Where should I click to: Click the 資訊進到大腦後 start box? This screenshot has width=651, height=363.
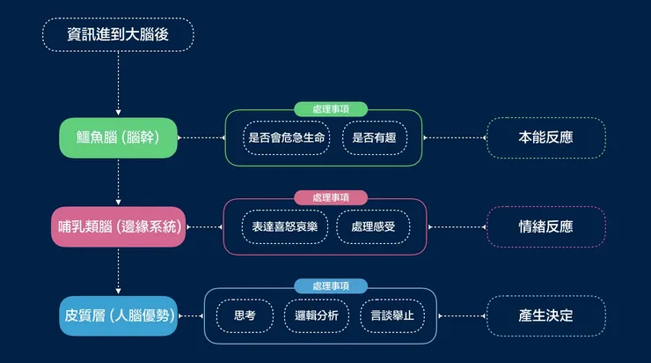pos(117,35)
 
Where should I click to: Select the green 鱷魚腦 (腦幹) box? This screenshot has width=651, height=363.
pos(118,137)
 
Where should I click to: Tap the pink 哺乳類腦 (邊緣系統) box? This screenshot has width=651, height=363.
pos(118,226)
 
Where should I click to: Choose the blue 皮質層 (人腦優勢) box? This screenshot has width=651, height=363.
pos(118,315)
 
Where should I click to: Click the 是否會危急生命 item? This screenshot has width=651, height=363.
pos(287,137)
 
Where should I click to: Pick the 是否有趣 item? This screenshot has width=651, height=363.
pos(375,137)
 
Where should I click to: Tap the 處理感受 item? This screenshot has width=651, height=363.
pos(373,226)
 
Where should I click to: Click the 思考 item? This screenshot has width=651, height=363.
pos(245,315)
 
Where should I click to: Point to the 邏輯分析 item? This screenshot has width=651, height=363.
pos(317,315)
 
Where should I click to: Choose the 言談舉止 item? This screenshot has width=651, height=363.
pos(392,315)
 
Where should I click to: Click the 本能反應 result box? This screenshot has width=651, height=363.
pos(545,137)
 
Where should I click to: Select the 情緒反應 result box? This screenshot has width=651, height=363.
pos(545,226)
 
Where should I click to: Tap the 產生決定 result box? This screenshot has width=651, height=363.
pos(545,315)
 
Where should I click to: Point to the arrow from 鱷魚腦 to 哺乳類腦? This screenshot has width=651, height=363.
pos(118,181)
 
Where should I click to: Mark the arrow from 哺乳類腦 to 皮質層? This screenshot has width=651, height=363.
pos(118,270)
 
